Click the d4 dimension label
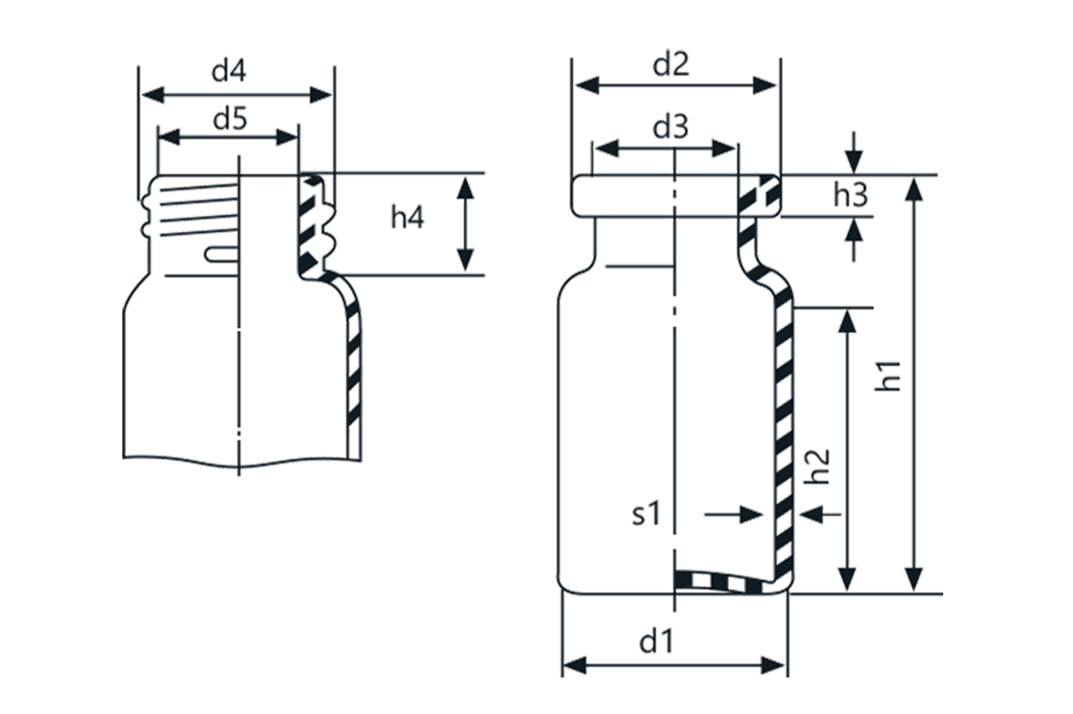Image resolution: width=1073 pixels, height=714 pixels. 229,74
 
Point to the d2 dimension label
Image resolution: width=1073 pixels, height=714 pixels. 670,67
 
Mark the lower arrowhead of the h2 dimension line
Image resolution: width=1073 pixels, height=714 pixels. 846,579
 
